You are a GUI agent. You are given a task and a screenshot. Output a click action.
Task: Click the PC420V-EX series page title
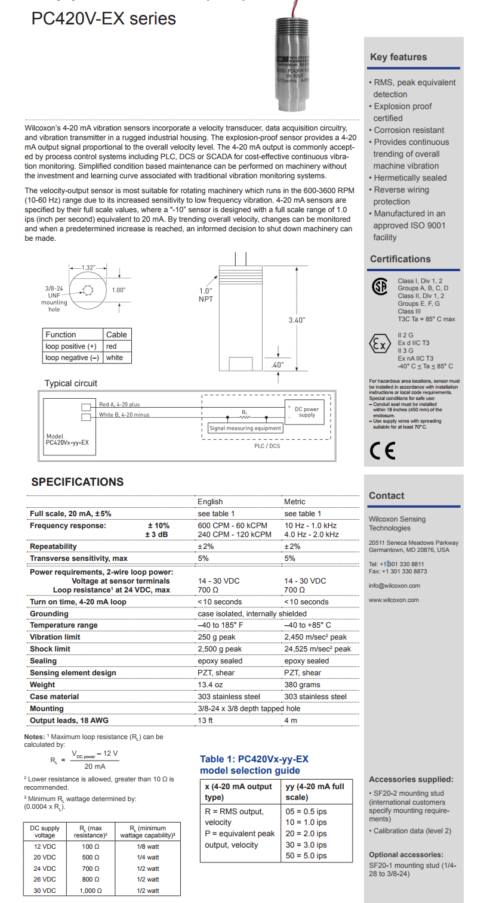point(104,18)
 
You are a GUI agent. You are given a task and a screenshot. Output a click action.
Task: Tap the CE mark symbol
point(383,451)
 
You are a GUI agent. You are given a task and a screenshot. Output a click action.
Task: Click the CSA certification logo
point(380,287)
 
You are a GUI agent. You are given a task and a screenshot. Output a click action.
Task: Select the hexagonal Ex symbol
point(381,345)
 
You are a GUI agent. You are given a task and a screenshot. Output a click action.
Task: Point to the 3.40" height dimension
point(297,320)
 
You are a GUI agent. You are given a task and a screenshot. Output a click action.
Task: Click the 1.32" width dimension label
point(90,268)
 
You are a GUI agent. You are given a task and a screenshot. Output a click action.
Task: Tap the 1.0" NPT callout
point(206,295)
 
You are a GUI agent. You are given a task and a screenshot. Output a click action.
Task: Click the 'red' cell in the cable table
point(112,346)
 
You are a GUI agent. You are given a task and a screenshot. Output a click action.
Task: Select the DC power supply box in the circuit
point(307,411)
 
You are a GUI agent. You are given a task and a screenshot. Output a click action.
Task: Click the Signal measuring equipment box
point(245,428)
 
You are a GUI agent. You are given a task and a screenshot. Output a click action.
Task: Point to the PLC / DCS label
point(267,445)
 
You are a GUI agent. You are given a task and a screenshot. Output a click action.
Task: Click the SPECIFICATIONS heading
point(78,482)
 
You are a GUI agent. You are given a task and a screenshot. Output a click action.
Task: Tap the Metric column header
point(295,502)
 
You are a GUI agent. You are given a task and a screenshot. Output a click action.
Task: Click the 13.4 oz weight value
point(210,685)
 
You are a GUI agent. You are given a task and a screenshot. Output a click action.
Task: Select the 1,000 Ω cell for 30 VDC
point(91,890)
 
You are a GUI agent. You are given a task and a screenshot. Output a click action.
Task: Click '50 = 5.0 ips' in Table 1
point(307,856)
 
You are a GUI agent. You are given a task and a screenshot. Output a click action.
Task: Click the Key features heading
point(399,57)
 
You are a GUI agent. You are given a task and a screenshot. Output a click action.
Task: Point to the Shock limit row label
point(50,649)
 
